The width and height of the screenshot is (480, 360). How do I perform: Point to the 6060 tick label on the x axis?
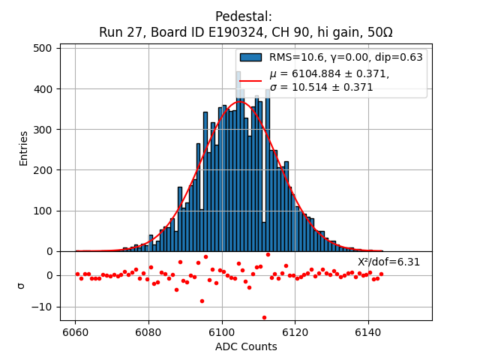(x=75, y=332)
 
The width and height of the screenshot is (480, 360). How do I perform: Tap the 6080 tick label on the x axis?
(x=148, y=332)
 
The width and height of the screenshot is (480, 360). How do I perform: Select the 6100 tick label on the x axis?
(x=222, y=332)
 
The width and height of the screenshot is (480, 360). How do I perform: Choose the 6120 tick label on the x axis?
(x=295, y=332)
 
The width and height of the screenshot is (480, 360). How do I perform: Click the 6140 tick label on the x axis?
(x=368, y=332)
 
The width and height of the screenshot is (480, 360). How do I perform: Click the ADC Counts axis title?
(x=246, y=346)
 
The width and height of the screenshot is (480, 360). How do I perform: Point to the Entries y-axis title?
(x=24, y=148)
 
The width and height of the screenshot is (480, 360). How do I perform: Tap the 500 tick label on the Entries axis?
(x=43, y=48)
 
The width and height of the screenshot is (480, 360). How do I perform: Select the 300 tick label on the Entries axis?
(x=43, y=130)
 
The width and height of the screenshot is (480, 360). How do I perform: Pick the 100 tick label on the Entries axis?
(x=43, y=211)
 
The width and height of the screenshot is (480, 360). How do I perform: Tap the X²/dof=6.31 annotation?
(x=388, y=262)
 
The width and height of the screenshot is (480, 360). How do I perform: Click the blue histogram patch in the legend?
(x=250, y=57)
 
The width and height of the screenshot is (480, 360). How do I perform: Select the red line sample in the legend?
(x=250, y=80)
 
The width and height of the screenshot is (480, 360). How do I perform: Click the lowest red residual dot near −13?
(x=264, y=317)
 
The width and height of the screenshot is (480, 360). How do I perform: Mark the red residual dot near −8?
(x=202, y=301)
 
